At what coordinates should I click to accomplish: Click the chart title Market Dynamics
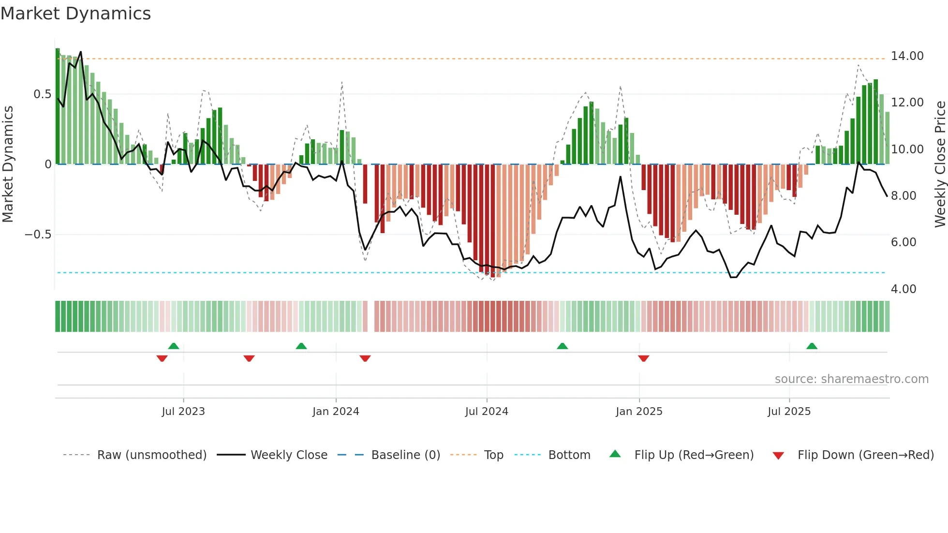click(75, 14)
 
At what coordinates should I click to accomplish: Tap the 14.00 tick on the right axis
click(907, 56)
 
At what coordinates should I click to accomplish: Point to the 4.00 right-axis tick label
click(903, 289)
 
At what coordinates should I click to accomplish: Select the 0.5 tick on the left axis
click(42, 94)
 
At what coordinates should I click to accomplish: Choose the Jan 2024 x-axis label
click(336, 412)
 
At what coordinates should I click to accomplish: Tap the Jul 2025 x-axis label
click(789, 412)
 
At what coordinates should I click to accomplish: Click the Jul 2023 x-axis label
click(183, 412)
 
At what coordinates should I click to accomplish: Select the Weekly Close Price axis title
click(940, 164)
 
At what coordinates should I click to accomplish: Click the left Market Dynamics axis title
click(8, 164)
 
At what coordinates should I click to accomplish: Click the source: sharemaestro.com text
click(851, 379)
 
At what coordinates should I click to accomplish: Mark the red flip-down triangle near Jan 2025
click(643, 358)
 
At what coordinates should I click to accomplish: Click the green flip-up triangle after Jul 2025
click(812, 346)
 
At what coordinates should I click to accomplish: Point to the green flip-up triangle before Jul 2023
click(174, 346)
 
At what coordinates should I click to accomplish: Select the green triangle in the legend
click(615, 454)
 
